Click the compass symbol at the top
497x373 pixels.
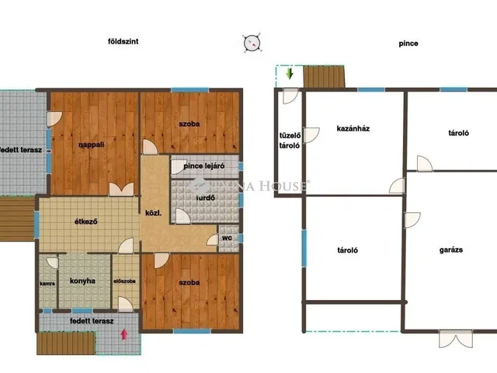point(252,43)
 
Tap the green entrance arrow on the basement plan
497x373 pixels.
point(289,73)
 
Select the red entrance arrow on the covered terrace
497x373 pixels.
point(124,335)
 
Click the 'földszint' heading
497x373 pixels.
point(123,41)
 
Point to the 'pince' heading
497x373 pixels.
point(408,44)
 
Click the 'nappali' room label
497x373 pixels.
point(92,145)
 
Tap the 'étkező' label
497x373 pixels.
point(86,221)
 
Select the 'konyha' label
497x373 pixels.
point(82,281)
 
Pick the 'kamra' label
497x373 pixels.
point(47,283)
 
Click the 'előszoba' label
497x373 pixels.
point(124,281)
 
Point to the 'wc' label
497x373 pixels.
point(227,238)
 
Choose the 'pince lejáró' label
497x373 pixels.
point(204,166)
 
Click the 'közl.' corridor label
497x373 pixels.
point(154,213)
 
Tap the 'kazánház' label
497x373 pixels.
point(353,128)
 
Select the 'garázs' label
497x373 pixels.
point(451,250)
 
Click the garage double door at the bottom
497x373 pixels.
point(456,339)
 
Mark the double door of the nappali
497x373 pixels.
point(121,190)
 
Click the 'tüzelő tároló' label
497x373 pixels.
point(290,141)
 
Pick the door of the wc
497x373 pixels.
point(213,240)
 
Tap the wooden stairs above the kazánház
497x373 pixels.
point(324,76)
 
